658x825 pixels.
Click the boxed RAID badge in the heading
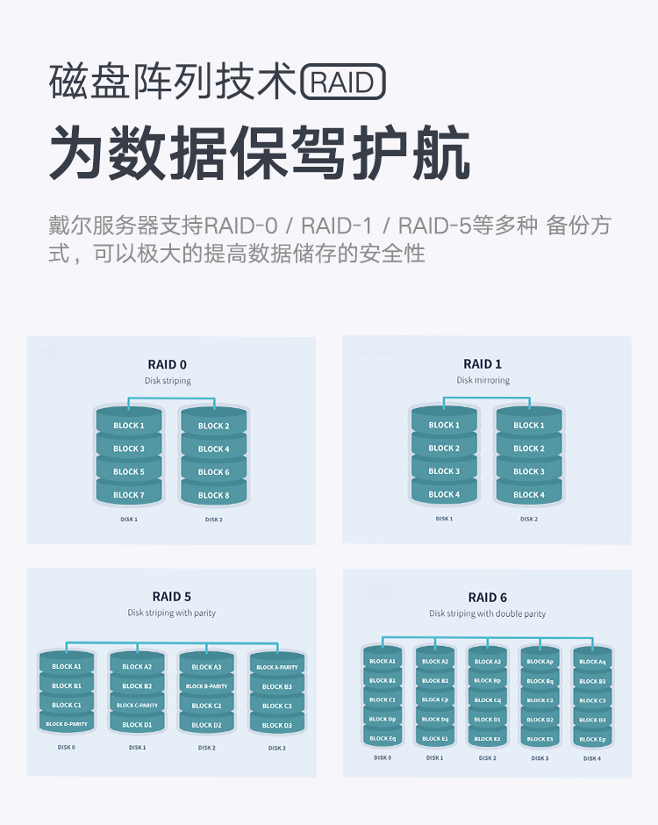[x=343, y=83]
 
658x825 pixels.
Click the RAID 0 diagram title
[x=167, y=364]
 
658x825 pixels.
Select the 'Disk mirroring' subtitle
[x=483, y=380]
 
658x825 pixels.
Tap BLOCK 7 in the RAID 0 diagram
[x=129, y=495]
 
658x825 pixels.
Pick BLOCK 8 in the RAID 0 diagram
[x=213, y=495]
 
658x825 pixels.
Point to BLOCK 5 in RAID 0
[x=129, y=472]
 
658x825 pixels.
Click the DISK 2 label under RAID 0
[x=213, y=520]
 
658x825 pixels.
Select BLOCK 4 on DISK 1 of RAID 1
[x=444, y=494]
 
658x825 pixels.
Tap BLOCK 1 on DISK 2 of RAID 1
[x=529, y=426]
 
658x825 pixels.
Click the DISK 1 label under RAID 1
[x=444, y=519]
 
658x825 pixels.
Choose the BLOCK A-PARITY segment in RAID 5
[x=276, y=668]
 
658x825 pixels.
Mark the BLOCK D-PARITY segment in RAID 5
[x=67, y=724]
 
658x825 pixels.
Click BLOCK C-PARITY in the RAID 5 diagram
[x=137, y=706]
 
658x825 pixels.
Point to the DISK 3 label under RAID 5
[x=276, y=748]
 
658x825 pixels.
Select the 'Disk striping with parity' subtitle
[x=171, y=613]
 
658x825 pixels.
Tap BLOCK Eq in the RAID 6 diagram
[x=383, y=738]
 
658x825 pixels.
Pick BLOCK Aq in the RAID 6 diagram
[x=592, y=662]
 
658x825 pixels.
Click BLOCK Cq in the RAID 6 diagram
[x=487, y=700]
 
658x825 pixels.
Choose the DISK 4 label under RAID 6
[x=592, y=758]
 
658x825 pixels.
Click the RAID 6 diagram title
[x=487, y=597]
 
